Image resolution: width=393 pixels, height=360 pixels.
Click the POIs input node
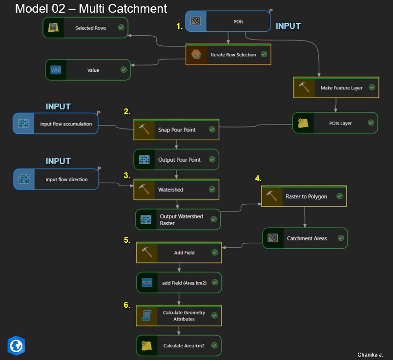[228, 21]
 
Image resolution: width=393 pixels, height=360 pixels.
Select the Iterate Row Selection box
[228, 55]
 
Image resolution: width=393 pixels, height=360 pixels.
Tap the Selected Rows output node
[86, 28]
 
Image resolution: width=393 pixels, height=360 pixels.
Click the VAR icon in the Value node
[56, 70]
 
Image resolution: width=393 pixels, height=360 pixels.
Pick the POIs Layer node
[335, 123]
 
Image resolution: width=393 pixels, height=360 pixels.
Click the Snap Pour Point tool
[176, 129]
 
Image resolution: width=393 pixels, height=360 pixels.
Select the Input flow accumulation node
[56, 124]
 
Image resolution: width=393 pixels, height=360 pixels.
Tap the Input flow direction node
[56, 179]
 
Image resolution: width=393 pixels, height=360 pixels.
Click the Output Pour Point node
[176, 160]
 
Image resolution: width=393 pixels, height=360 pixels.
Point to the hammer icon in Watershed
[145, 190]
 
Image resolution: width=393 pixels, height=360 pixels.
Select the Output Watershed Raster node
[178, 220]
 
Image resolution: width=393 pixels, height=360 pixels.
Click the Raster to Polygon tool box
[304, 196]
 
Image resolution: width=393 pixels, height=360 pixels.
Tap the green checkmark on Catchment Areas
[341, 238]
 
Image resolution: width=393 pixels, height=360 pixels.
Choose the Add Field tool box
[179, 253]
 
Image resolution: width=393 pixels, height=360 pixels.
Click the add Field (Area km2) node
[179, 282]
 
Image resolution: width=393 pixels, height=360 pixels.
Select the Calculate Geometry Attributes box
[179, 316]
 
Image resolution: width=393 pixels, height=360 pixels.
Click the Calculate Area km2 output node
[179, 346]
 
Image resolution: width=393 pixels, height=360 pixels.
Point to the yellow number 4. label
[258, 179]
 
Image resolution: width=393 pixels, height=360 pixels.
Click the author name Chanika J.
[370, 354]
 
